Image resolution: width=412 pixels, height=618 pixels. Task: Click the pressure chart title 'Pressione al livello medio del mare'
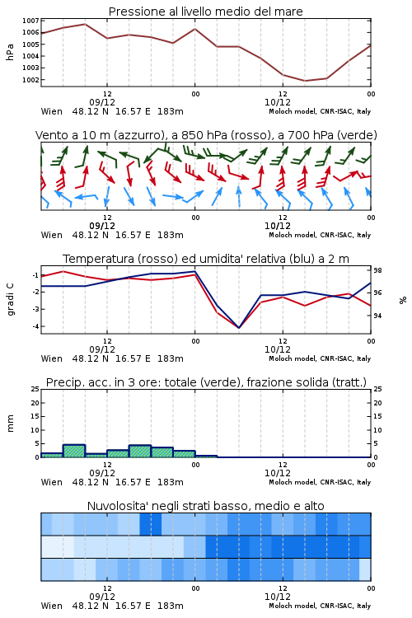pos(205,12)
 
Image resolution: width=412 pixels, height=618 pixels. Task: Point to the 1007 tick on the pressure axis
pos(30,21)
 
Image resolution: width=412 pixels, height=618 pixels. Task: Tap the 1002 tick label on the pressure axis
pos(30,80)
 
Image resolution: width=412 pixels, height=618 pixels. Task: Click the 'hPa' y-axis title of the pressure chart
pos(10,52)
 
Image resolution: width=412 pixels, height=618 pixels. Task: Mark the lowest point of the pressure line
pos(305,81)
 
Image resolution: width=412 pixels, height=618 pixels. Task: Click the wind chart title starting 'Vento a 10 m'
pos(206,135)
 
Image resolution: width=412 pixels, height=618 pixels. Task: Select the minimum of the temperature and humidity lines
pos(238,327)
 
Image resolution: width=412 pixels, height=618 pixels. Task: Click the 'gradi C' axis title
pos(11,300)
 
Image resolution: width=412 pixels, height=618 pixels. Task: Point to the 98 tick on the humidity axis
pos(377,270)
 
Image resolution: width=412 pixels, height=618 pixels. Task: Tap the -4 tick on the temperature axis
pos(35,326)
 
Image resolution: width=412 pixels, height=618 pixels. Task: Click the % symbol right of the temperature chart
pos(403,300)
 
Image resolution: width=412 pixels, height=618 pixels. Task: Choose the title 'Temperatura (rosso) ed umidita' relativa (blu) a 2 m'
pos(206,259)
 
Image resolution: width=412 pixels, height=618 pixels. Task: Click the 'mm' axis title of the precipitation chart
pos(10,424)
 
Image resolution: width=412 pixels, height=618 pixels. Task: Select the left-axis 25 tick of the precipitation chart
pos(35,389)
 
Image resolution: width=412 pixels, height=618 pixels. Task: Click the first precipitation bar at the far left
pos(52,455)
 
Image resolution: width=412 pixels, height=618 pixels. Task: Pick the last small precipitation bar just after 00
pos(206,456)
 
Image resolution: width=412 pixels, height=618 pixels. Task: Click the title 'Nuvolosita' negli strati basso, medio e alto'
pos(206,506)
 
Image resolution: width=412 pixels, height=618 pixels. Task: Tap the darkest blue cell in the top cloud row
pos(151,524)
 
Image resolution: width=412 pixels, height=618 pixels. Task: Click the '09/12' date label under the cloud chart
pos(102,597)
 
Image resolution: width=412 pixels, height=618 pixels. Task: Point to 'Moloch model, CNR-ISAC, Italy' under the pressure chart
pos(320,111)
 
